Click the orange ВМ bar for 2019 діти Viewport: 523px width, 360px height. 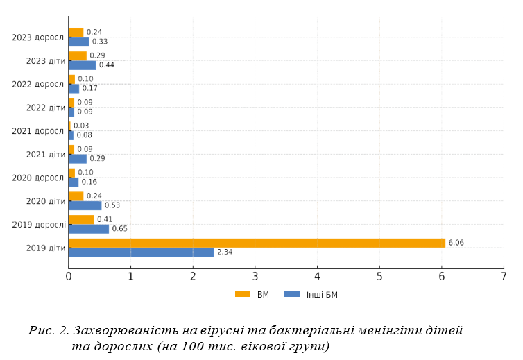tap(257, 243)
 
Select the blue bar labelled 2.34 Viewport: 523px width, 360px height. tap(142, 252)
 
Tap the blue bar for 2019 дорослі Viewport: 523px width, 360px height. tap(89, 229)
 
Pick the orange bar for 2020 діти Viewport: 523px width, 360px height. tap(76, 196)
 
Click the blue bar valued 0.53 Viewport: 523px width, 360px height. tap(85, 205)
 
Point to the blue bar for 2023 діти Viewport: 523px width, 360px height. tap(83, 65)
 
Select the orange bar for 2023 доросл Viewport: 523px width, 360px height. tap(76, 33)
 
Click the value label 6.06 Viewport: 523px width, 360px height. tap(456, 243)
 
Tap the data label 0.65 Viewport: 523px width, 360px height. tap(119, 229)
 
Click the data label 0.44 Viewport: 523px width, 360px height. tap(106, 65)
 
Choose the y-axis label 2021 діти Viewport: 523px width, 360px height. tap(45, 154)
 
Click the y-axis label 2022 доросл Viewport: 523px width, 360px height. tap(38, 84)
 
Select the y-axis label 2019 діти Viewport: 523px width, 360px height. tap(45, 248)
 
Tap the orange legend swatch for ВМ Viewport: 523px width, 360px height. tap(242, 294)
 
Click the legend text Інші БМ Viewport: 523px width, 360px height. tap(322, 294)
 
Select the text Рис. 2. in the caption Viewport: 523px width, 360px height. tap(49, 331)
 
